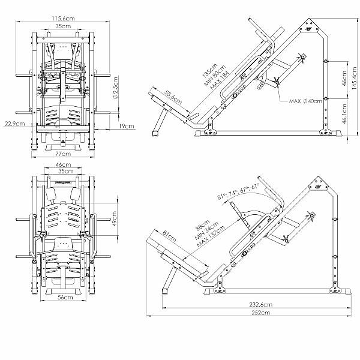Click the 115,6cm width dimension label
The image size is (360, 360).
coord(63,18)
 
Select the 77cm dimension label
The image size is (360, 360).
coord(63,154)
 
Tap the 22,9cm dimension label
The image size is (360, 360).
coord(14,124)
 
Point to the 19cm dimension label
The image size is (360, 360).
coord(126,126)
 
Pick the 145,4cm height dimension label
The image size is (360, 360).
coord(355,78)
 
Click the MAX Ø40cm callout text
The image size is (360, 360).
coord(305,101)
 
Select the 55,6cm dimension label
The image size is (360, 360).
coord(173,97)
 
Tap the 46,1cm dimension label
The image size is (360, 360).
coord(344,114)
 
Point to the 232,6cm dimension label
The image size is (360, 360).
coord(261,304)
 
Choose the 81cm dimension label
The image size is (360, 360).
coord(169,236)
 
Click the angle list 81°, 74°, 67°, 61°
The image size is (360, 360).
coord(238,191)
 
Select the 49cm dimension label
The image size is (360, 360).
coord(115,218)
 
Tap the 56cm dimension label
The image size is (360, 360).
coord(65,297)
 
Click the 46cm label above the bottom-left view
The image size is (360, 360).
coord(64,164)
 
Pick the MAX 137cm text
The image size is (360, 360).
coord(211,236)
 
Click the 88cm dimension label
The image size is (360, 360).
coord(203,225)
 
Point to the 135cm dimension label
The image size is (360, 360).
coord(210,70)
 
